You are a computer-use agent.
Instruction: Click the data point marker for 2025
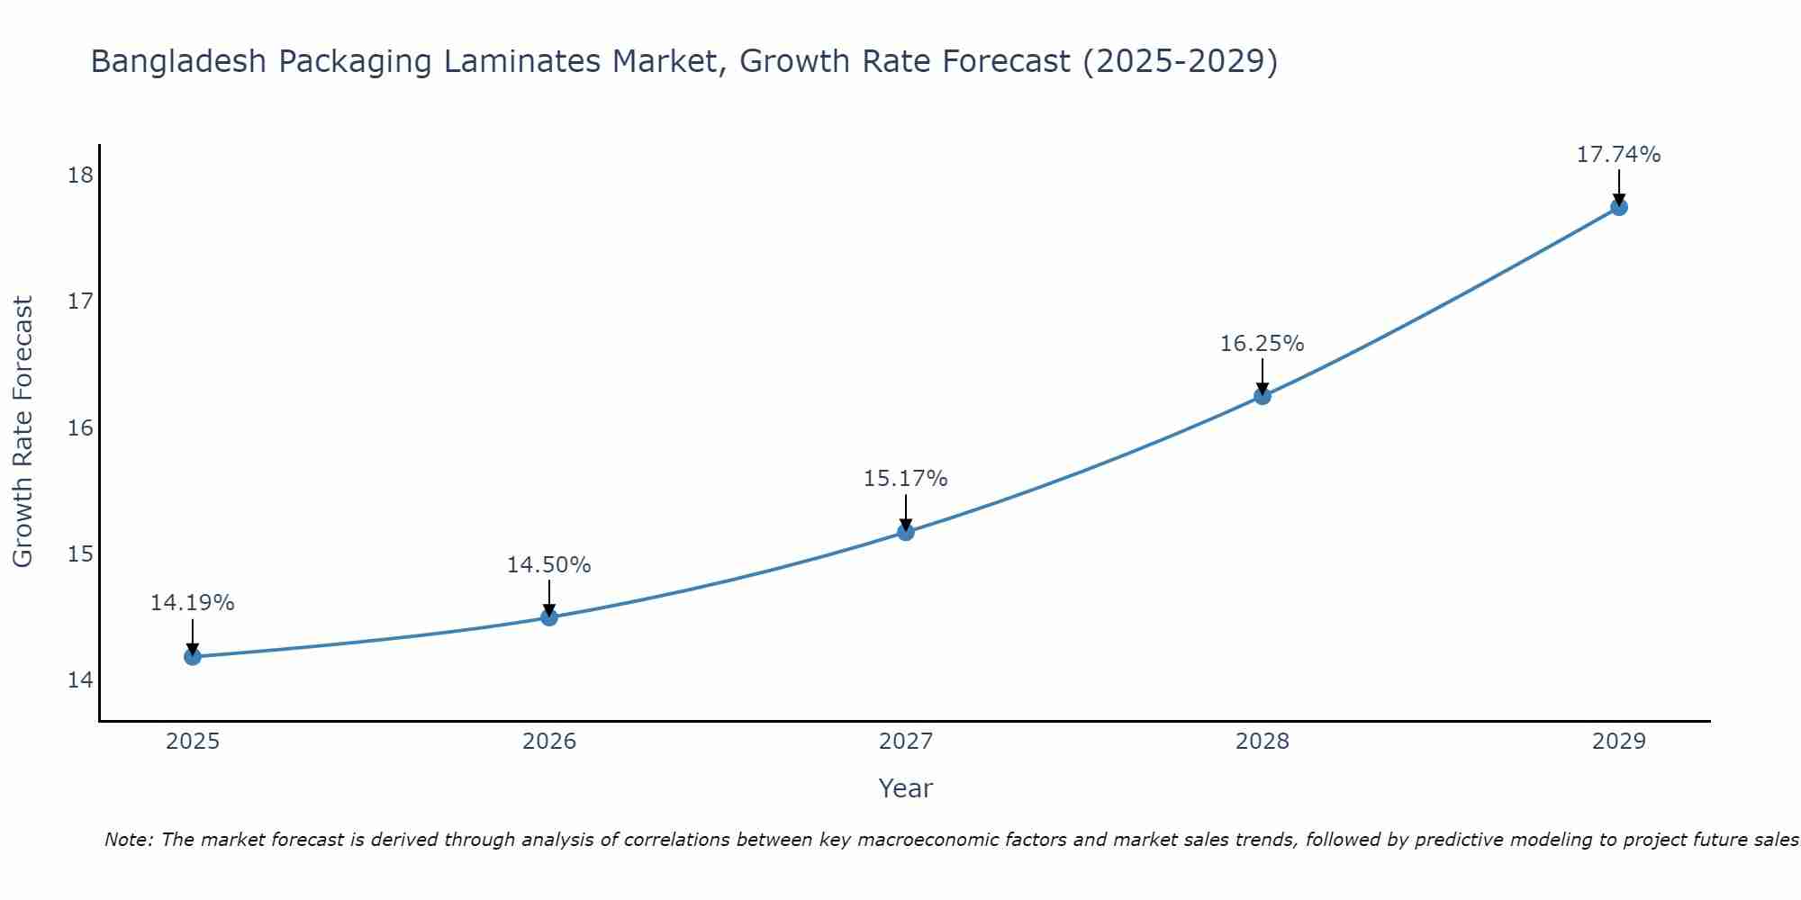193,657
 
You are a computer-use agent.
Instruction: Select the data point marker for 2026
549,617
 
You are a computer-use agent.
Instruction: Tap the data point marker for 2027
906,532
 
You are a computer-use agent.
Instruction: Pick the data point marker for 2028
1263,396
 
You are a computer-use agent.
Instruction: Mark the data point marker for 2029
1618,207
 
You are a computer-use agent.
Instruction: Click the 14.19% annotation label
192,603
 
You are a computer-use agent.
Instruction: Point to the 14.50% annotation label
548,565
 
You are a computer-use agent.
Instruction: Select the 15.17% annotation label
905,479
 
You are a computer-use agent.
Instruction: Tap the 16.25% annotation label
1262,344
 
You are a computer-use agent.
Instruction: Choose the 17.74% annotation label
1618,155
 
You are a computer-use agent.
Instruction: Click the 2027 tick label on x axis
906,742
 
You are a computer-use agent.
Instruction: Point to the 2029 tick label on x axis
1618,742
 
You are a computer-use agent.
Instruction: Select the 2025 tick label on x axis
193,742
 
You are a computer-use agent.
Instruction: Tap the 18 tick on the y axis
80,175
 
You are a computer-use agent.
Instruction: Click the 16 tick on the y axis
80,427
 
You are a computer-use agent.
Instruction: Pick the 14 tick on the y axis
80,679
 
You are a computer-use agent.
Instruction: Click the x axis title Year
905,788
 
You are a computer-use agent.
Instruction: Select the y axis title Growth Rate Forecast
23,431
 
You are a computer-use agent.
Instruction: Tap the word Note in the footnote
129,840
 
